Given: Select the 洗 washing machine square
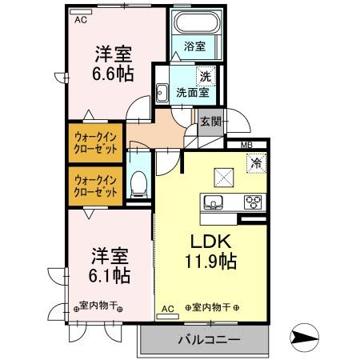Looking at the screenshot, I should [x=205, y=77].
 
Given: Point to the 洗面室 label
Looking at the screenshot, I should [x=194, y=93].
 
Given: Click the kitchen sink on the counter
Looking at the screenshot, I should [x=214, y=201].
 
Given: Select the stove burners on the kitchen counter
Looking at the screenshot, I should [x=253, y=201].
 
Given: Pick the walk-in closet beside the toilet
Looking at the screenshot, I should [x=96, y=186].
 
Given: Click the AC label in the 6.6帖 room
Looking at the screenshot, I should [x=80, y=21].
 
